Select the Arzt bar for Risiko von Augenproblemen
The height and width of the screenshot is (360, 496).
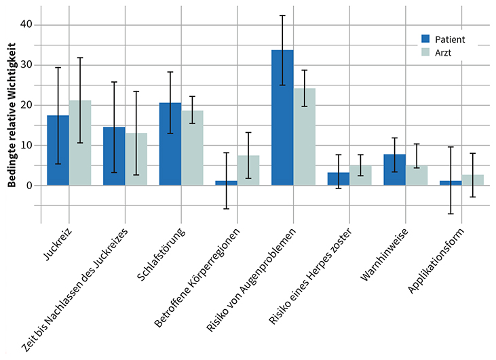[x=305, y=136]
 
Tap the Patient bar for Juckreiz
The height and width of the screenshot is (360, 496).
[x=58, y=150]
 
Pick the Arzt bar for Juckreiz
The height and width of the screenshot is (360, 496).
[x=80, y=142]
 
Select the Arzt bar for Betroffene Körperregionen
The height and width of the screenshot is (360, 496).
[x=248, y=170]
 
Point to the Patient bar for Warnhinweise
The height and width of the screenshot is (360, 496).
[x=394, y=169]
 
